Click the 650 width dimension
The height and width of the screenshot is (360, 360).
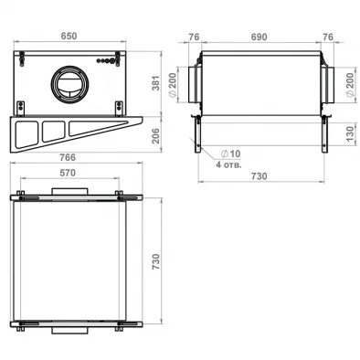(x=69, y=36)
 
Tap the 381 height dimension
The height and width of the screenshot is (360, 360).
(x=156, y=83)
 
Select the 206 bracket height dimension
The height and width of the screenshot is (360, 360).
(x=155, y=136)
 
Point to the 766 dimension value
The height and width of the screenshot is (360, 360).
(x=68, y=157)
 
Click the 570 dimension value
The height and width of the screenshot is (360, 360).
(x=68, y=173)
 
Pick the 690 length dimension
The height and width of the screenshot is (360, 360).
(x=259, y=37)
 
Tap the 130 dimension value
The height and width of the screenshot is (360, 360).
(x=350, y=133)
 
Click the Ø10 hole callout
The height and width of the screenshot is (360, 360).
(x=230, y=154)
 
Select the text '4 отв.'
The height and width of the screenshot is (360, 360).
(x=228, y=165)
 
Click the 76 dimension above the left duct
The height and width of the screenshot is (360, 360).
(x=194, y=37)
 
